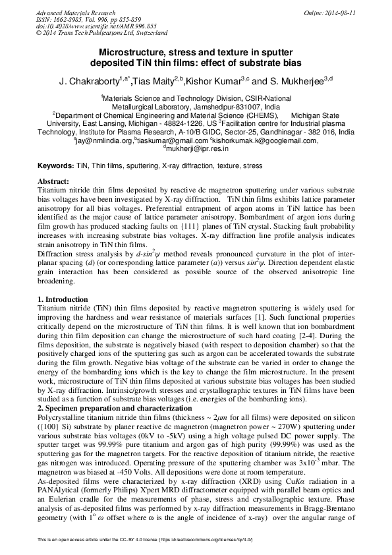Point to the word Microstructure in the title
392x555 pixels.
click(135, 51)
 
